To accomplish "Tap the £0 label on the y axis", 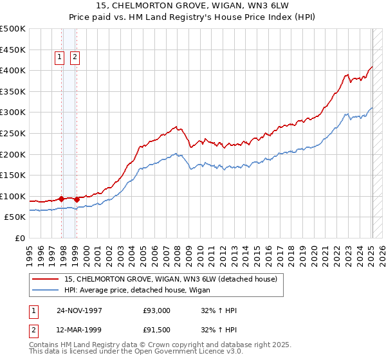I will (x=19, y=238).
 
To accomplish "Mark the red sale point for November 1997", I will (x=62, y=199).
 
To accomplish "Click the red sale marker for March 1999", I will (x=77, y=199).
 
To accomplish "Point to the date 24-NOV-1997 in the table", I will (x=80, y=310).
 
